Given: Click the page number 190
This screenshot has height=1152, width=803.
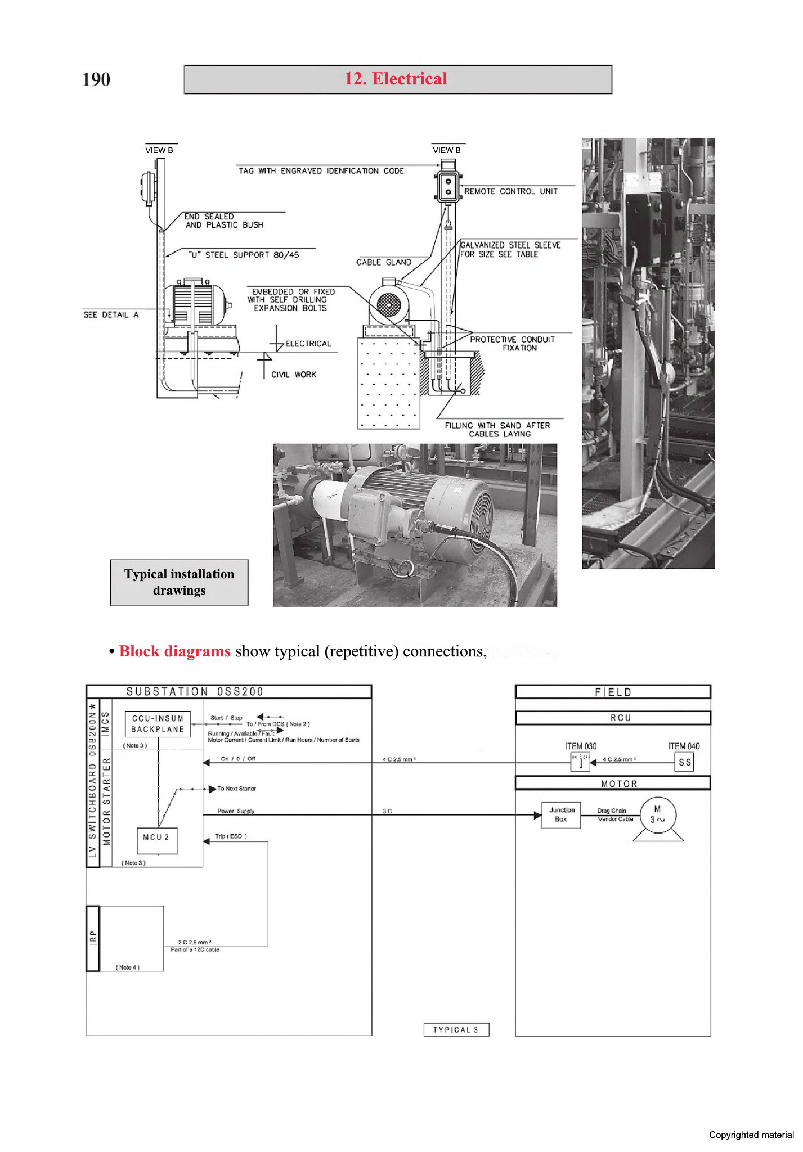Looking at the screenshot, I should tap(96, 79).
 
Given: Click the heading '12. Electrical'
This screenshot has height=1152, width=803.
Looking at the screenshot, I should tap(396, 79).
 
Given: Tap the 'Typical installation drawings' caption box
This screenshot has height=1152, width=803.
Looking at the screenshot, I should tap(179, 582).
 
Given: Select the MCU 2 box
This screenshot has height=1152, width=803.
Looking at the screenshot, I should tap(157, 840).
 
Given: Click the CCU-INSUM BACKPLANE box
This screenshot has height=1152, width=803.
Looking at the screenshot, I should tap(158, 724).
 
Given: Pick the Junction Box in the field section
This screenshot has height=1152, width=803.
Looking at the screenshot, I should tap(561, 814).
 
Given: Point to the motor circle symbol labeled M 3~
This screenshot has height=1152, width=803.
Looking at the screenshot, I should tap(657, 814).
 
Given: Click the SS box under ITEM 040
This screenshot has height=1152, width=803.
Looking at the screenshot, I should tap(684, 762).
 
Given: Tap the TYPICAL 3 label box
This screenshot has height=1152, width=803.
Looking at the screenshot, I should tap(456, 1029).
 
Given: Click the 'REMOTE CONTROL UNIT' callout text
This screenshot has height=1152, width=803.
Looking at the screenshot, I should tap(510, 191).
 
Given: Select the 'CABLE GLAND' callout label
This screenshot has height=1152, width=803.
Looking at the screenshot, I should tap(384, 262).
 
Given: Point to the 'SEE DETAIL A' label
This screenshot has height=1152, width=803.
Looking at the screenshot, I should tap(111, 315).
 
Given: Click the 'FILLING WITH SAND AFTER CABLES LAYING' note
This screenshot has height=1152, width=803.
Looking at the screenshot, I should tap(497, 430).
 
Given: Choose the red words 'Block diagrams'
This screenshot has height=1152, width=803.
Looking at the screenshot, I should tap(175, 651).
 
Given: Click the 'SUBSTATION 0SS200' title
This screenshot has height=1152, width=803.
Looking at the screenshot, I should tap(195, 692).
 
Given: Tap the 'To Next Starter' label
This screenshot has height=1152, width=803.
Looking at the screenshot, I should tap(236, 789).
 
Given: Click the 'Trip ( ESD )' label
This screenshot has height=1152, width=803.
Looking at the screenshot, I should tap(231, 836).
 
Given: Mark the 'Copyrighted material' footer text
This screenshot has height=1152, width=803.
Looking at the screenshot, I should tap(751, 1135).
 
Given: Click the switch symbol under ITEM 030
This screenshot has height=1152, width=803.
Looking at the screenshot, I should tap(580, 762).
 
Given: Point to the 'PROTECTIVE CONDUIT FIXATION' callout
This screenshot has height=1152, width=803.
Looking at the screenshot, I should tap(512, 344).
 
